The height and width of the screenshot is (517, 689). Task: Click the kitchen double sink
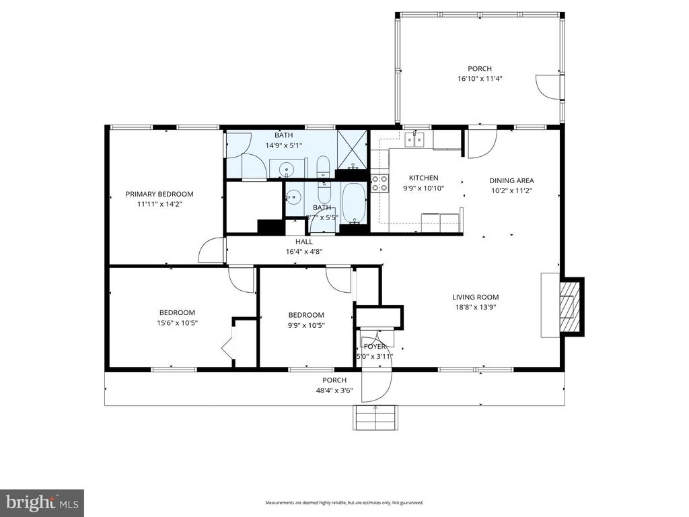415,139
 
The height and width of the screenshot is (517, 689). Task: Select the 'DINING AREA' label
511,180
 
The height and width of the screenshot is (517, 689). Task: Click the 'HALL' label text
303,242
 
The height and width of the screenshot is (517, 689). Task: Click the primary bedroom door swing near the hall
211,251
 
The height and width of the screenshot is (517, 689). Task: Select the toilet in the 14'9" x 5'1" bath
322,166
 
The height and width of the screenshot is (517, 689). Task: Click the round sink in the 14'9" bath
287,169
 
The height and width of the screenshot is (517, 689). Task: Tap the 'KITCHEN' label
421,178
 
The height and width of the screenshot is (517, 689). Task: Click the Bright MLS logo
42,502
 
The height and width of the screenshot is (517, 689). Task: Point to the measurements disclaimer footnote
344,503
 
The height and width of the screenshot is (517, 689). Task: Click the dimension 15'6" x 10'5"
177,322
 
